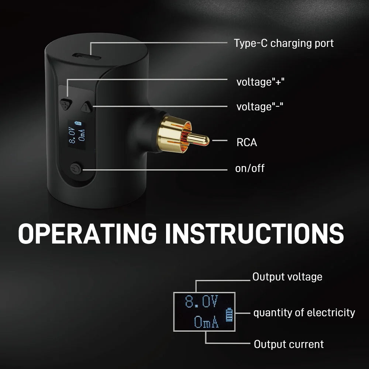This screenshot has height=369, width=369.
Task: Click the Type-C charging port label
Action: pyautogui.click(x=283, y=43)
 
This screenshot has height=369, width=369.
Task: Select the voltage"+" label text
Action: pyautogui.click(x=260, y=82)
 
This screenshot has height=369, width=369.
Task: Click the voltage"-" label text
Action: pyautogui.click(x=260, y=107)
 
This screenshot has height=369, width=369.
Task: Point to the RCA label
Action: pyautogui.click(x=246, y=142)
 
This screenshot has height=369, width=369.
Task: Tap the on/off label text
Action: pyautogui.click(x=249, y=169)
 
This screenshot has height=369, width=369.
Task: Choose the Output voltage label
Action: pyautogui.click(x=287, y=277)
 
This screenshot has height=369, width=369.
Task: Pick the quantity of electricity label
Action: pyautogui.click(x=304, y=313)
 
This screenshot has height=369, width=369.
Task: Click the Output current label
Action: pyautogui.click(x=289, y=344)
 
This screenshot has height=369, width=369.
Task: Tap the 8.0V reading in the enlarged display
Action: pyautogui.click(x=201, y=303)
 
